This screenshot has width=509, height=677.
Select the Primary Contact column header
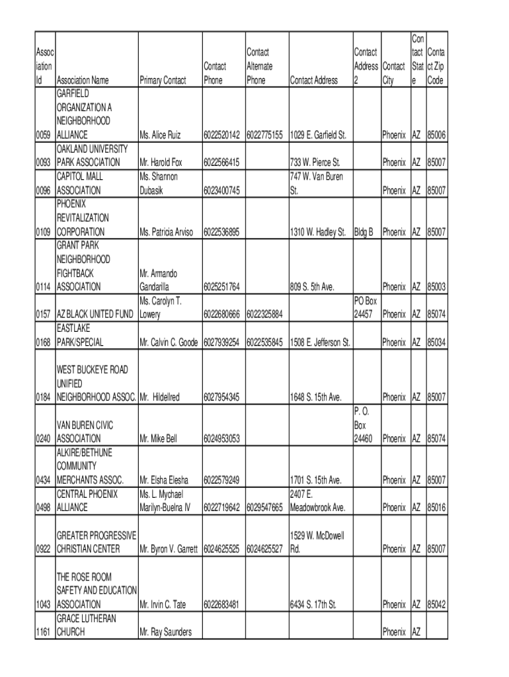[163, 81]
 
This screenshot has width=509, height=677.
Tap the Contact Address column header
[313, 81]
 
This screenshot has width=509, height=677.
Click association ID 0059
[44, 135]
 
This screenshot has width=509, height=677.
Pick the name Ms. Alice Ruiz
[160, 135]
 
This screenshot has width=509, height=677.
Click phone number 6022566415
[221, 163]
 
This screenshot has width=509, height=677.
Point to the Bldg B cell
[364, 232]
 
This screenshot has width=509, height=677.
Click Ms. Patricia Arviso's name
[166, 232]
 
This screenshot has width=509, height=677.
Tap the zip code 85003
[436, 287]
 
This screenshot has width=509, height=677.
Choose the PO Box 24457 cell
[366, 307]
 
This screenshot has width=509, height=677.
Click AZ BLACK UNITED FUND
[95, 315]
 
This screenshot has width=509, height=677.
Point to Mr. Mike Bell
[158, 438]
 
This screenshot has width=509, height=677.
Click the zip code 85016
[436, 508]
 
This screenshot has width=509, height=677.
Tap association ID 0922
[44, 549]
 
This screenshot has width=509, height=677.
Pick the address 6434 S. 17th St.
[313, 604]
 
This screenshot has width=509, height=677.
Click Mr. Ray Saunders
[165, 632]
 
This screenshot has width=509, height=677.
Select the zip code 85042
[436, 604]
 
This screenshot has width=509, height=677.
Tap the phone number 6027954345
[221, 397]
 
